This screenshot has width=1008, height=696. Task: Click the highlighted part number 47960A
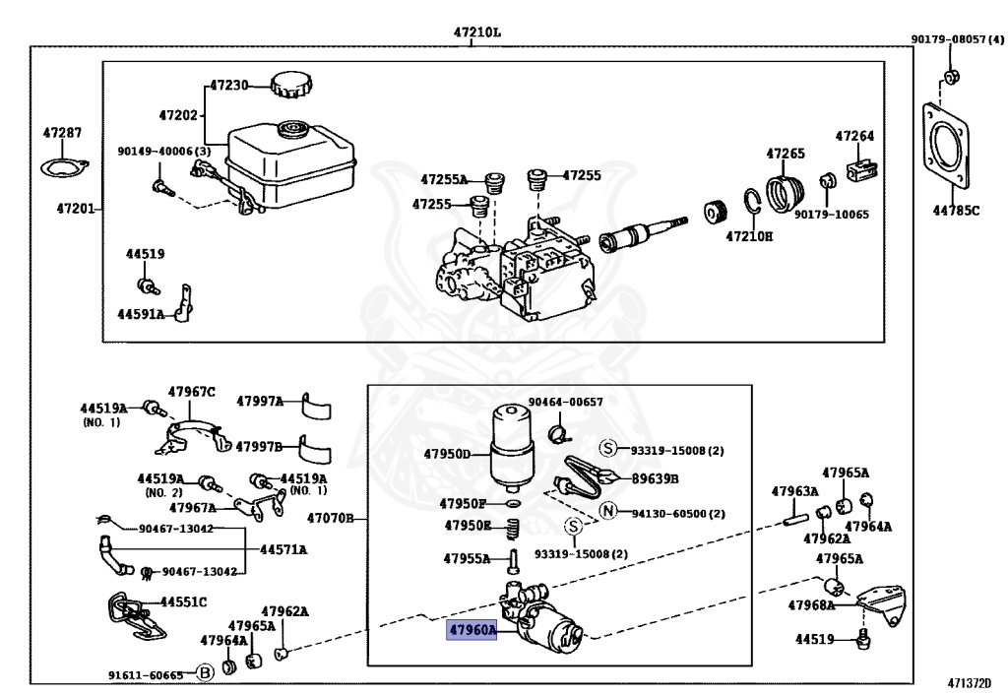coord(472,630)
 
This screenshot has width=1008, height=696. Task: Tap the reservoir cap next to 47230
coord(290,86)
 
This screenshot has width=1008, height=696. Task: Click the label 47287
coord(62,133)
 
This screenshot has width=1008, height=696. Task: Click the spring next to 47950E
coord(512,529)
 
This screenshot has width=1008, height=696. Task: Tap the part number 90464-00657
coord(565,402)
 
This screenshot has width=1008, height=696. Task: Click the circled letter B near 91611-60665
coord(205,673)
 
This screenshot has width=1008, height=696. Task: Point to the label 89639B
coord(656,478)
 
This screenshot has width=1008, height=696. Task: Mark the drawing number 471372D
coord(970,683)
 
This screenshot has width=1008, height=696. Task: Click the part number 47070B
coord(330,518)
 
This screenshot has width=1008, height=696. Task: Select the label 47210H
coord(750,236)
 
